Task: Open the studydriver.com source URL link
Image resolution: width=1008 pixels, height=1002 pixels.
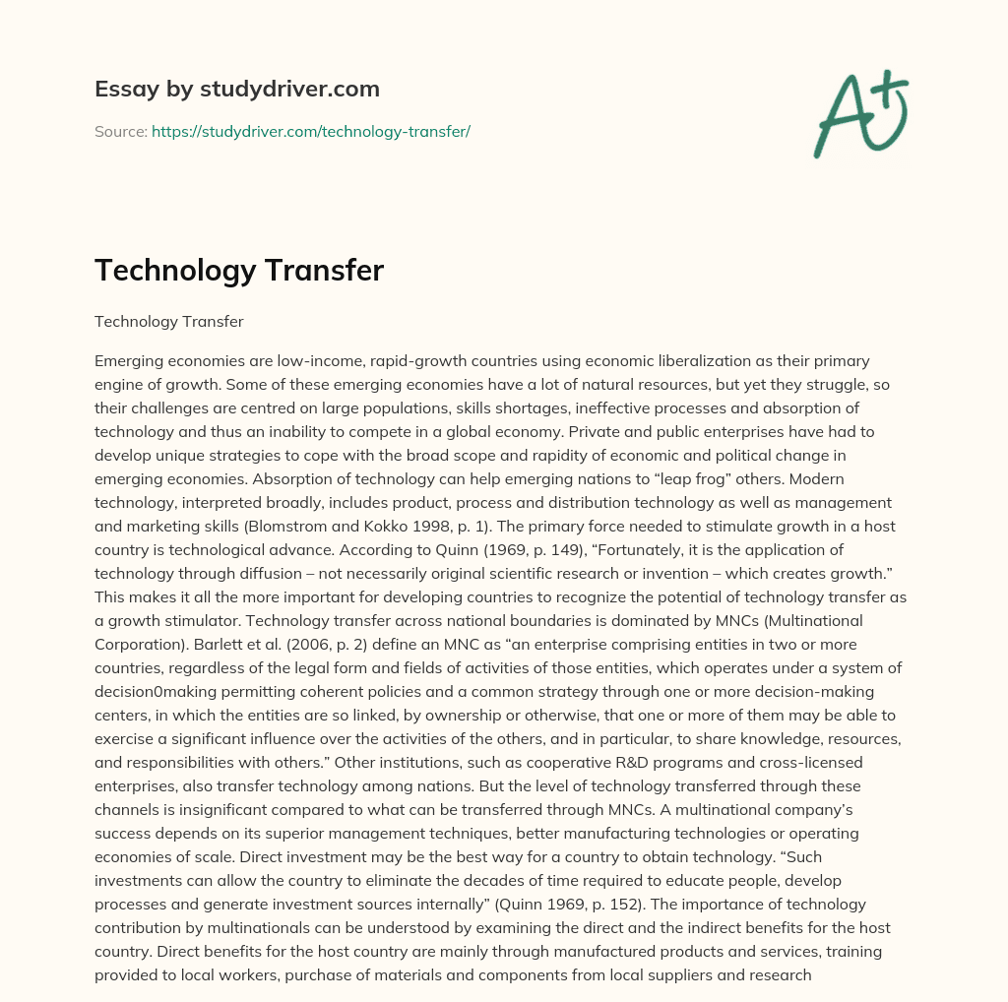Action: click(x=311, y=131)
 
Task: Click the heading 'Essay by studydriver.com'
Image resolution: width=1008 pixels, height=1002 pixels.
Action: click(x=237, y=90)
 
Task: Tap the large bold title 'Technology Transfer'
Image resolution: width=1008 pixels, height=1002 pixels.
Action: click(x=239, y=271)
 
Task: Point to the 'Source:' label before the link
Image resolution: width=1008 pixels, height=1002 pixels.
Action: click(x=120, y=131)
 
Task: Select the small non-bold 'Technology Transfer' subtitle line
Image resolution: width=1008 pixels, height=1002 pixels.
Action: click(x=168, y=321)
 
